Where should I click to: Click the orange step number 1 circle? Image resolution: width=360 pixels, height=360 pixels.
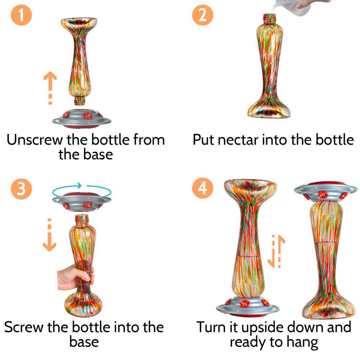pos(21,15)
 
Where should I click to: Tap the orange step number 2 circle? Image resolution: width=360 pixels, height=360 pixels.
pos(202,15)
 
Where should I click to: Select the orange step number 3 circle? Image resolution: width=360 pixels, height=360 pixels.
pos(21,189)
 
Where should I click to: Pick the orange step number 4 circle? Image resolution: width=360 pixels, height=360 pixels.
pos(202,188)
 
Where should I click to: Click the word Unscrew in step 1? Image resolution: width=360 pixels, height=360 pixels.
pos(35,139)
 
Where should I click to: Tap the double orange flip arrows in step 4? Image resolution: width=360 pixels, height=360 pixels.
pos(276,251)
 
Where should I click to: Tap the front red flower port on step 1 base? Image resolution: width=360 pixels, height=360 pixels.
pos(87,116)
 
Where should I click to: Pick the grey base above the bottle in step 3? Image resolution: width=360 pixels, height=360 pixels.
pos(81,201)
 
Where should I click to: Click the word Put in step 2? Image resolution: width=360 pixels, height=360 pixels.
pos(203,139)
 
